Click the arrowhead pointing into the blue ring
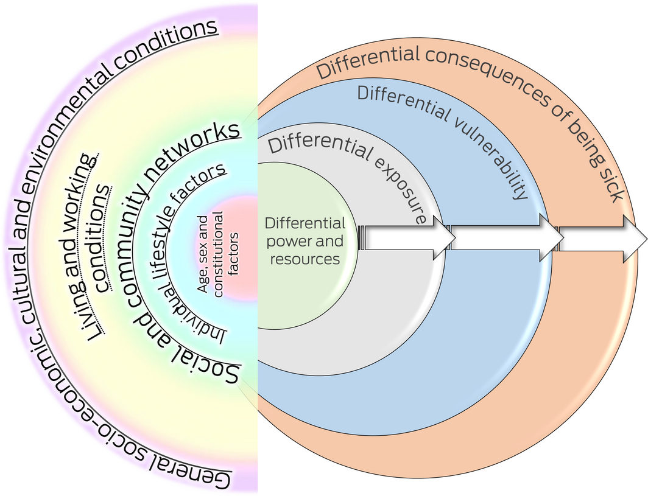[x=437, y=237]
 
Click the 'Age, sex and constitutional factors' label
[x=219, y=252]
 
